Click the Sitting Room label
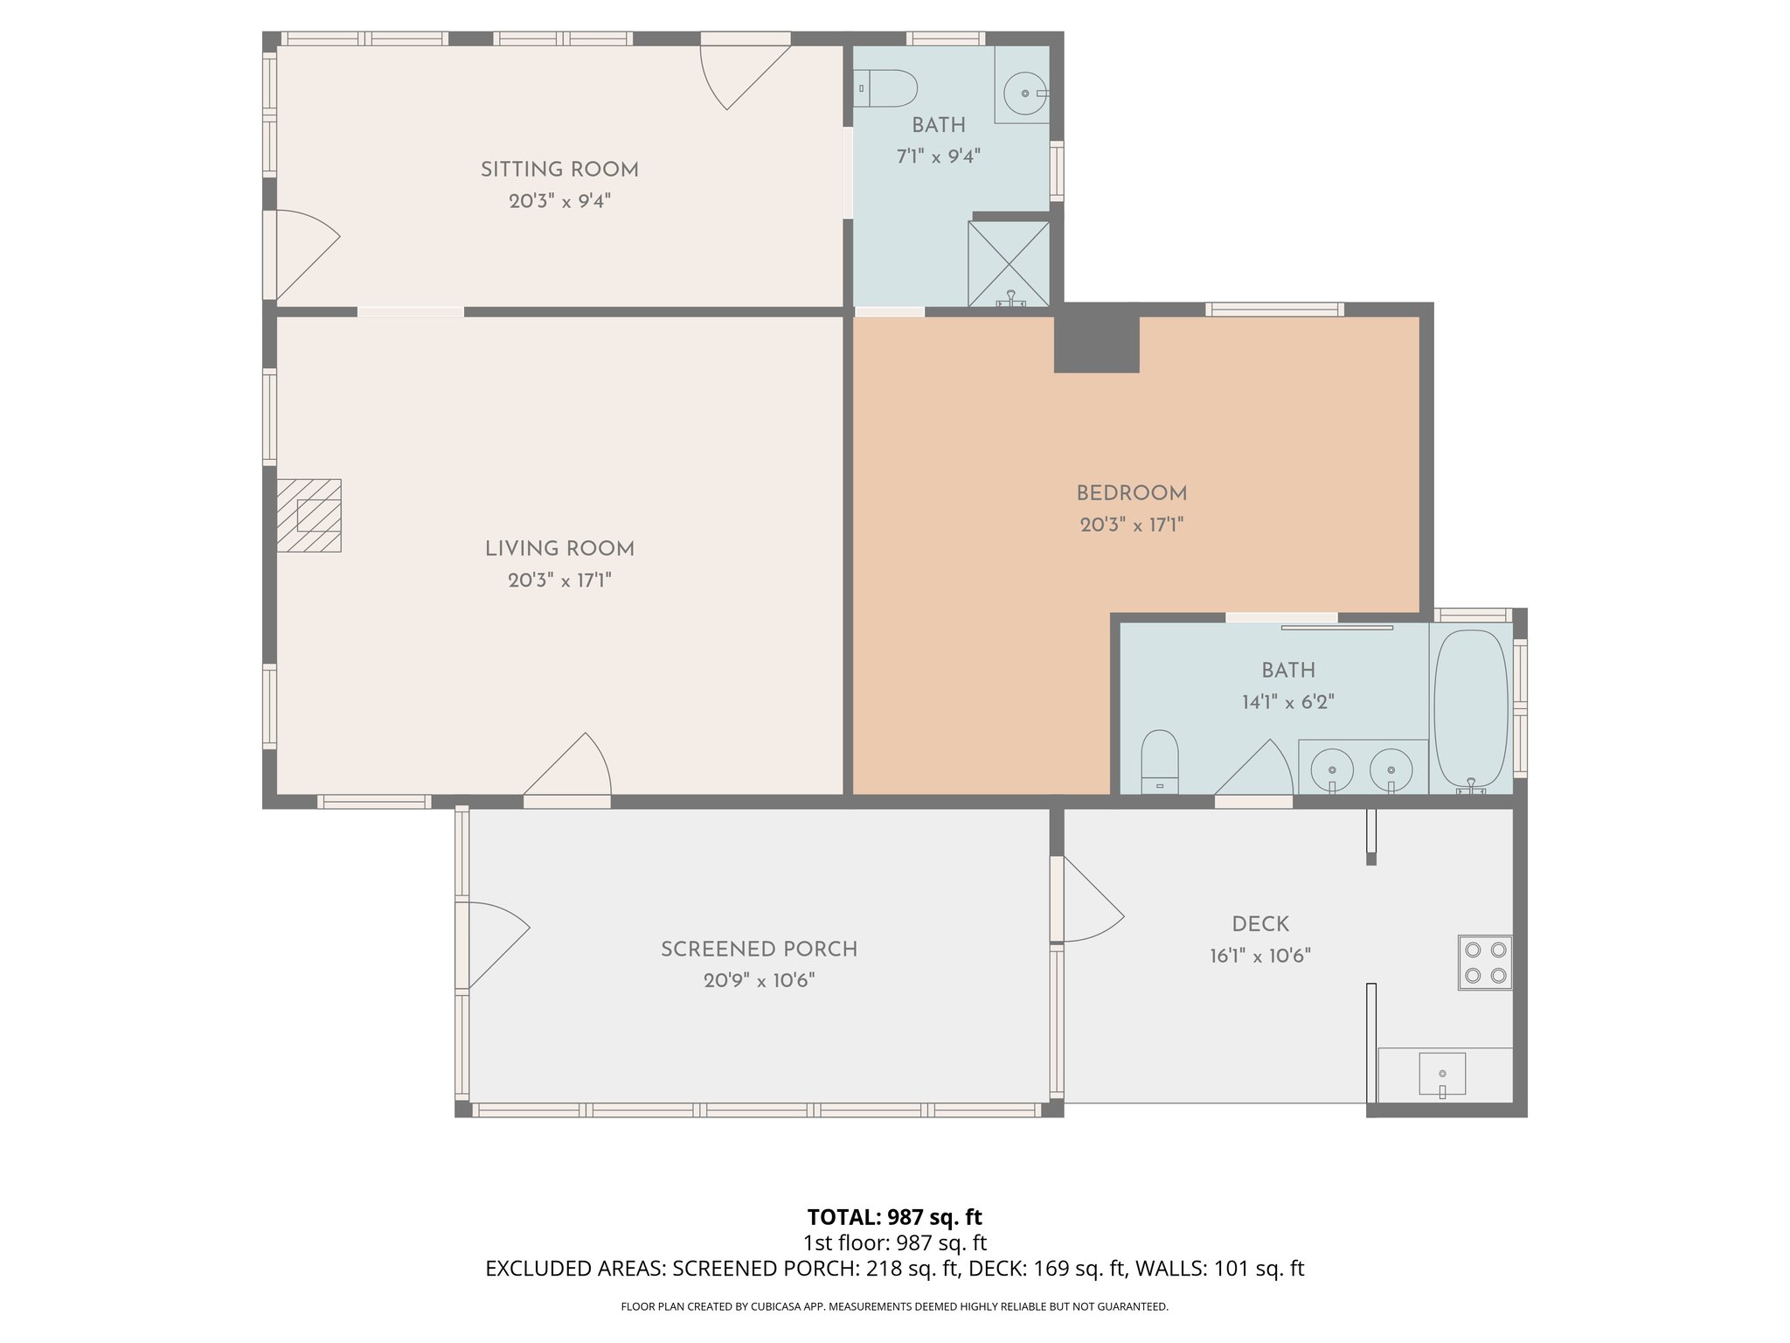click(x=559, y=170)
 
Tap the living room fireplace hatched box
click(x=309, y=515)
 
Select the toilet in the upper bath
click(x=885, y=88)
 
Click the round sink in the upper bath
click(x=1024, y=92)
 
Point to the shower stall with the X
click(x=1009, y=262)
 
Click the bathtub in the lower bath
click(x=1472, y=708)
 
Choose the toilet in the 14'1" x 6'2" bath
click(x=1160, y=760)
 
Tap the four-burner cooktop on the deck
click(x=1485, y=962)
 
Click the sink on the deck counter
click(x=1442, y=1074)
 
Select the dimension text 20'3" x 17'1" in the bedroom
click(x=1131, y=525)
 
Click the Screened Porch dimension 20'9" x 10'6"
click(x=759, y=980)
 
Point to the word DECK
click(x=1260, y=924)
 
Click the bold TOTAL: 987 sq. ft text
click(x=894, y=1217)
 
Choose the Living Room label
click(x=559, y=549)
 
